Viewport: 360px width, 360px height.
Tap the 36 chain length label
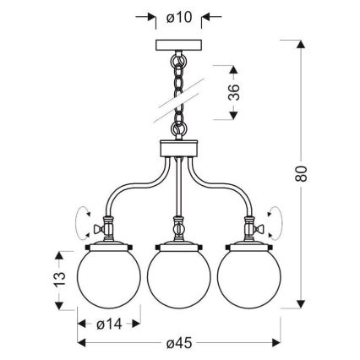pos(235,90)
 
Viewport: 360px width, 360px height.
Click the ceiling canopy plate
pos(179,45)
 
